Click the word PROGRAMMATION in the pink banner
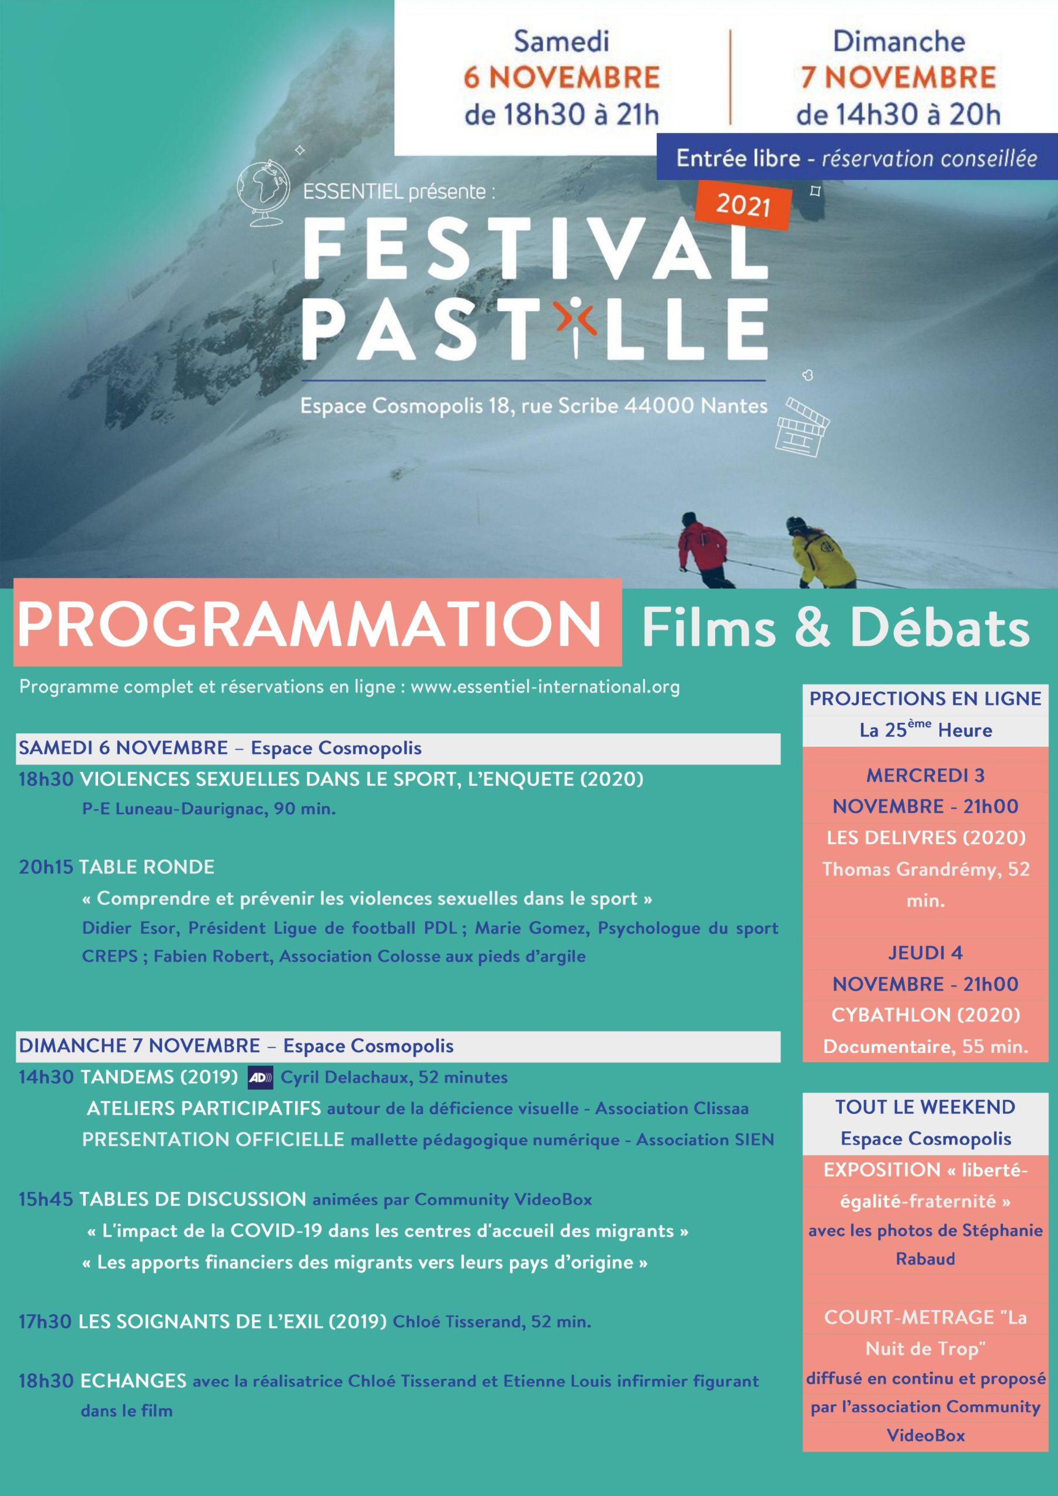(309, 624)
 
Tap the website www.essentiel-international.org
(544, 687)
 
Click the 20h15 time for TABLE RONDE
(45, 867)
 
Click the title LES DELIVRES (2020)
(926, 837)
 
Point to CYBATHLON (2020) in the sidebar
(926, 1014)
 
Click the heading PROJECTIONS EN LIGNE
(925, 698)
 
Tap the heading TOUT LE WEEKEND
(925, 1107)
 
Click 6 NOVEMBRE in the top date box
(561, 78)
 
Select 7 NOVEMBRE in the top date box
(899, 78)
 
